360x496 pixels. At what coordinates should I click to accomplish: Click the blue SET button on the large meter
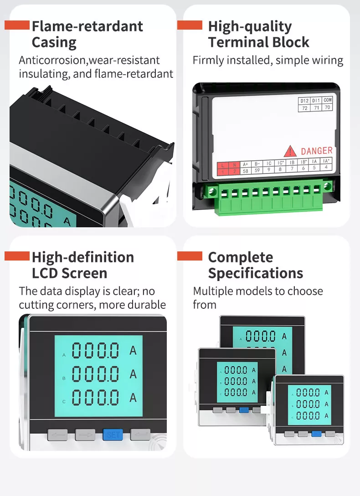113,435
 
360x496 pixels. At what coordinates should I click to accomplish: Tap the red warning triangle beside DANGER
290,151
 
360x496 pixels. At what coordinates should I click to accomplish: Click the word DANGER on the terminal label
316,151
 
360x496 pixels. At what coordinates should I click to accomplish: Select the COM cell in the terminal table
328,100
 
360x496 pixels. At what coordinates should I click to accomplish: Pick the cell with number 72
304,108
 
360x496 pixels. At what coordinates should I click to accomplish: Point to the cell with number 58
245,170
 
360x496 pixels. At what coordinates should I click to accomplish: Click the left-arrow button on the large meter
57,435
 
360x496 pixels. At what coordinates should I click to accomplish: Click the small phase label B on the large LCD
64,378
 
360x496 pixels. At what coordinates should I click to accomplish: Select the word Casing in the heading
54,42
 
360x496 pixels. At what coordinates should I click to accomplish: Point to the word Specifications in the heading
255,273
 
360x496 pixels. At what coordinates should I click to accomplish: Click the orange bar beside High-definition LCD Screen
17,256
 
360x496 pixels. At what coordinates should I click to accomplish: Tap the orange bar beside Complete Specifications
190,256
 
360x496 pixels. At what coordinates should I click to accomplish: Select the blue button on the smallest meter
316,434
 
